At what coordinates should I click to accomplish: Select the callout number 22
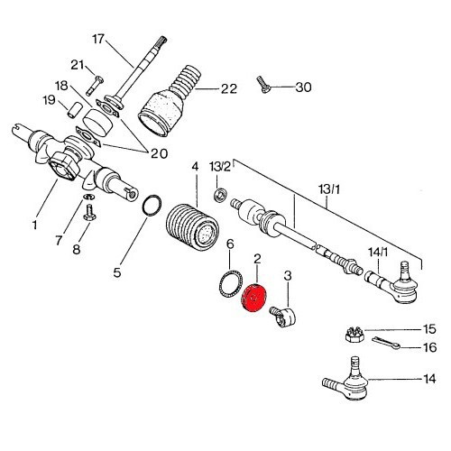pyautogui.click(x=230, y=88)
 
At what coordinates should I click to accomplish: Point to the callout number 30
pyautogui.click(x=303, y=87)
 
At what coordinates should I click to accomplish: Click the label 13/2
pyautogui.click(x=220, y=167)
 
